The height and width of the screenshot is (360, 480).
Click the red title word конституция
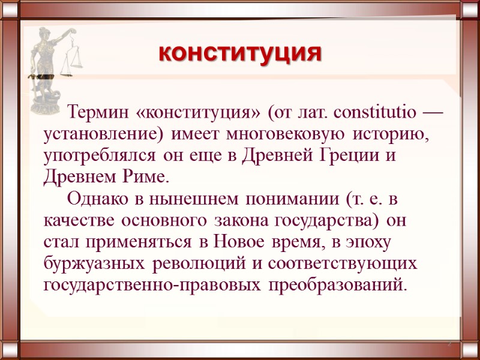click(x=240, y=53)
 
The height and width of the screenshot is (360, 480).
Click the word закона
click(x=241, y=220)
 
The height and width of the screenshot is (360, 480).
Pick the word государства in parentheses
click(x=327, y=220)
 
